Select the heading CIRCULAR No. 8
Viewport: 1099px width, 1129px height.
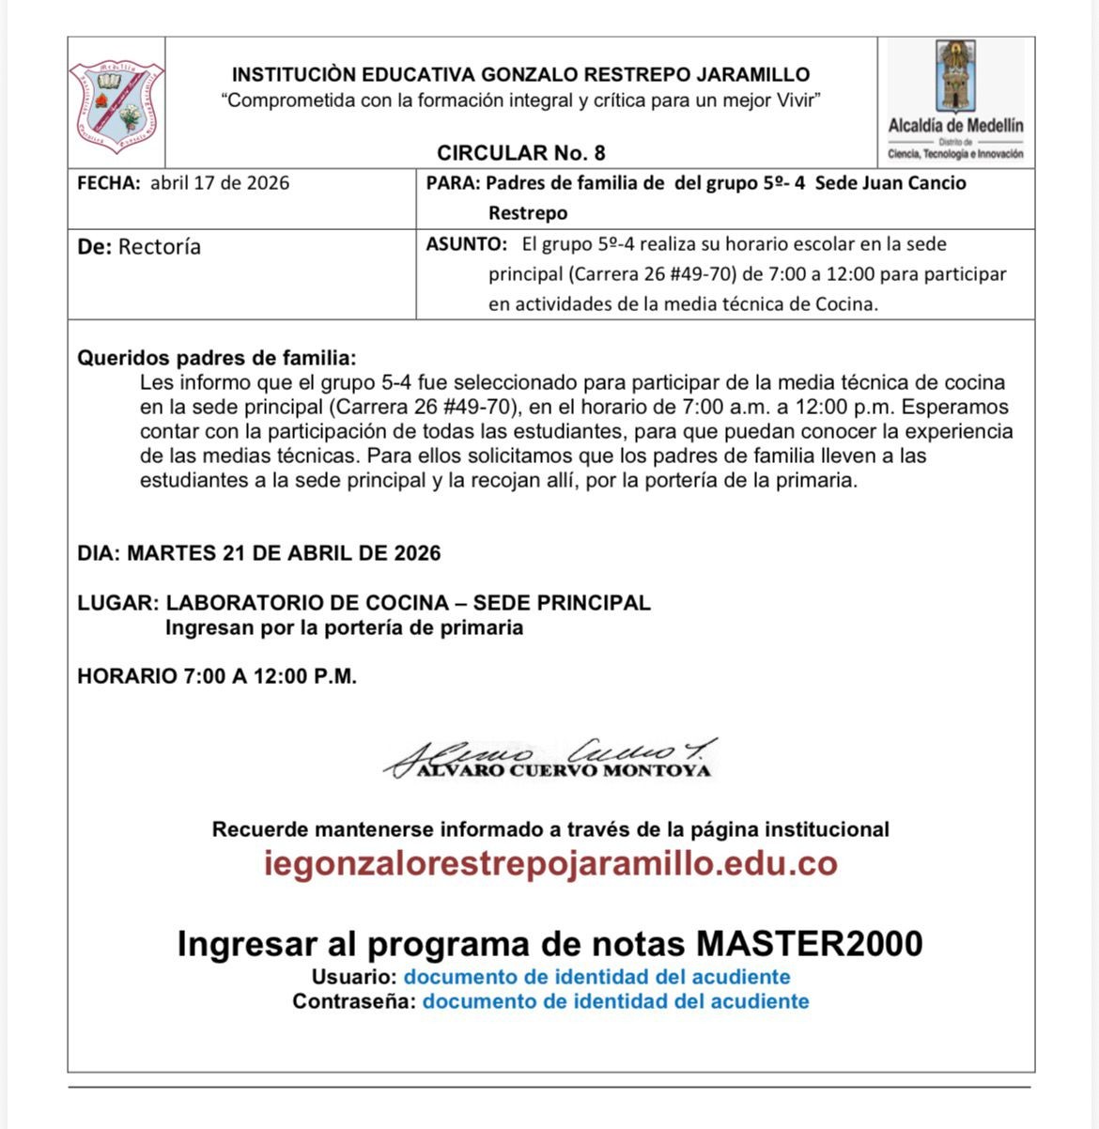(x=520, y=153)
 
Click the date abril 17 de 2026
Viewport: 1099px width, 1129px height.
(x=220, y=183)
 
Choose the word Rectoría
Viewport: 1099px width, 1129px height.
(x=160, y=247)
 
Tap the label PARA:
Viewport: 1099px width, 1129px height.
(x=453, y=183)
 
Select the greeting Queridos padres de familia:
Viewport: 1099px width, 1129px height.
(x=217, y=358)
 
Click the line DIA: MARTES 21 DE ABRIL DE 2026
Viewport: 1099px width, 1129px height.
(x=259, y=553)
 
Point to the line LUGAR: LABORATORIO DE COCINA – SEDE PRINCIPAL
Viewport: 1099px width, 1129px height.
(x=364, y=603)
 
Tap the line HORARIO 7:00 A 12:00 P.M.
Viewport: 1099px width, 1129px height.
(x=217, y=676)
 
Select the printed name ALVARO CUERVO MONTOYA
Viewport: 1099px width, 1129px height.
(x=564, y=771)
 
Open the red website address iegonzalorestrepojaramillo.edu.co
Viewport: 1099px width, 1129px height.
(x=550, y=863)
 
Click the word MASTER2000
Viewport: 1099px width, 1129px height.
(x=809, y=943)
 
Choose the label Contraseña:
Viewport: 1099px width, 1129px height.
(x=353, y=1001)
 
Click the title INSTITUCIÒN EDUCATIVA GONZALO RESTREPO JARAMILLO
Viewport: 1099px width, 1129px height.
(x=520, y=75)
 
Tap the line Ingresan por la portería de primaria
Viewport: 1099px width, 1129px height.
(x=344, y=627)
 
